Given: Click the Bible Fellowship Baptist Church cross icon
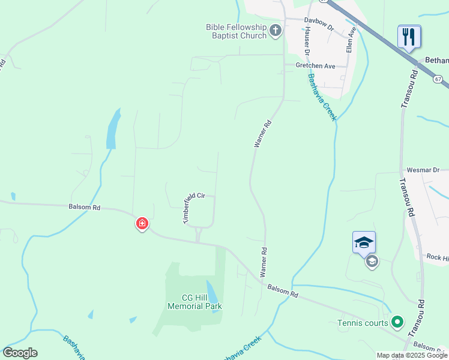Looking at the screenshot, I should coord(276,31).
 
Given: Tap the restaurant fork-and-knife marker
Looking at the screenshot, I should coord(409,37).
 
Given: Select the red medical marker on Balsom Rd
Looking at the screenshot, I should coord(142,224).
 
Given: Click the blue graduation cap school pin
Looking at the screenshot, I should coord(364,242).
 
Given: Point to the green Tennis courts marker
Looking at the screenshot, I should coord(396,323).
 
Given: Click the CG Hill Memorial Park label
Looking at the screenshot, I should coord(194,302).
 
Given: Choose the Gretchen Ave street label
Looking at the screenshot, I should coord(315,65).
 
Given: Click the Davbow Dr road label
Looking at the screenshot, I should coord(318,19).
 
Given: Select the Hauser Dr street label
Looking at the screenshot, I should coord(306,41).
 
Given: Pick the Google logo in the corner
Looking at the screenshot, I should coord(20,352).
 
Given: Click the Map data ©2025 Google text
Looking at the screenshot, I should coord(412,355).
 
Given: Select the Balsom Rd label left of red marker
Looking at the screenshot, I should coord(84,207).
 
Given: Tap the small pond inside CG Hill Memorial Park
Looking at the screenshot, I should coord(212,290).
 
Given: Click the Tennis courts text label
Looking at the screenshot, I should coord(362,323).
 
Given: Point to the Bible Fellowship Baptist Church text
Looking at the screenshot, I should coord(236,31).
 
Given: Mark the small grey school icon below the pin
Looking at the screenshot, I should coord(372,261).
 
